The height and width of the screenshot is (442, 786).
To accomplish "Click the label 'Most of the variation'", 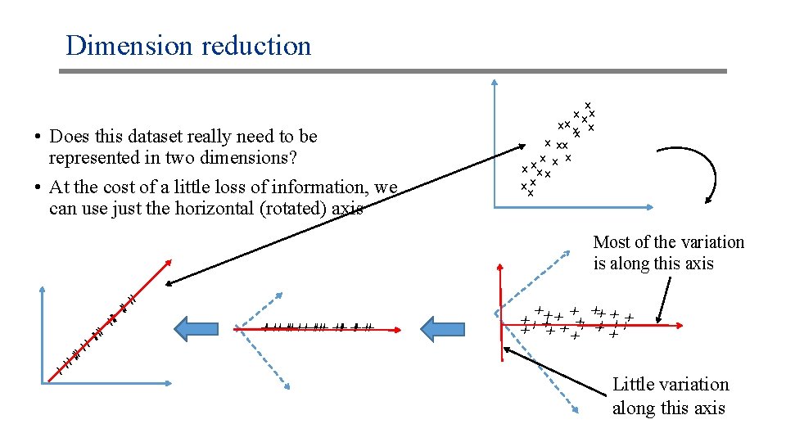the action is [668, 242].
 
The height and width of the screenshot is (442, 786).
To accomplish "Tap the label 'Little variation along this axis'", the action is [669, 396].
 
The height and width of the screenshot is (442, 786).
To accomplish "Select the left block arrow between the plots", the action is [193, 328].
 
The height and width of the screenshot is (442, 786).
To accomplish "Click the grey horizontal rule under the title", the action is [393, 71].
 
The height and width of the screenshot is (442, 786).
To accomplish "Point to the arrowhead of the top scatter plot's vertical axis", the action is [495, 83].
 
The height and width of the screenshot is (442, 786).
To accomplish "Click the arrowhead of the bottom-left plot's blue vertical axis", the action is [42, 287].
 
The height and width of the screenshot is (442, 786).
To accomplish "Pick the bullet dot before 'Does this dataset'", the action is [38, 137].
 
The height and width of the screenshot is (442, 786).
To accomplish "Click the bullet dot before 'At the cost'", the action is [38, 188].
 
